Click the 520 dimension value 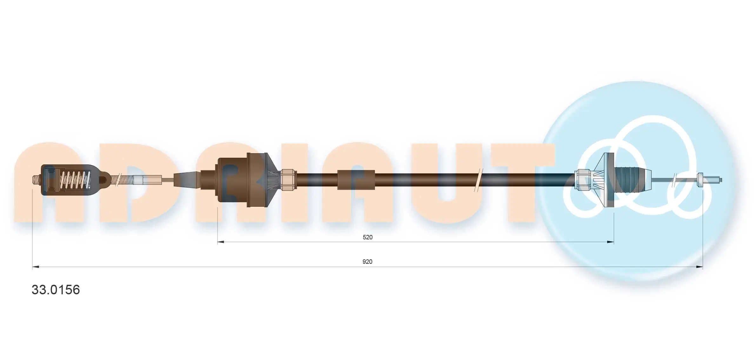tap(367, 237)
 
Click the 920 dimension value tap(367, 262)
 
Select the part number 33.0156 tap(56, 290)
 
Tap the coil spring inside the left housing tap(75, 180)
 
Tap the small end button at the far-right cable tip tap(700, 180)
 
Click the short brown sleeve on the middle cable tap(356, 180)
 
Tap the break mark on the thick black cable tap(478, 180)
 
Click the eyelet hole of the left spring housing tap(103, 180)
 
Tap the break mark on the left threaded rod tap(118, 180)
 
